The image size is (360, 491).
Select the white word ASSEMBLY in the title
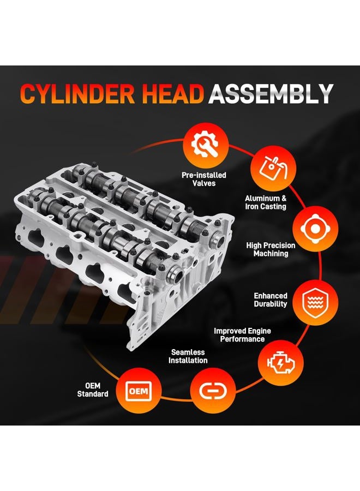pos(271,94)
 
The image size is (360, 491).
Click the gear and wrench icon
pos(206,145)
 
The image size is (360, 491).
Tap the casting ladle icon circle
pos(273,169)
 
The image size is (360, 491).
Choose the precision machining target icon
pos(315,229)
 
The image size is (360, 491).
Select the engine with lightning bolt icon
pos(281,363)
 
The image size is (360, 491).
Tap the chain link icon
pos(213,391)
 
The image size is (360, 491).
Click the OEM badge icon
pos(139,391)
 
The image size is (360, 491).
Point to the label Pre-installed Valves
pos(204,179)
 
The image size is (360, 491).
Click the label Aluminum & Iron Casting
pos(266,202)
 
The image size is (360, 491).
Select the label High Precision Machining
pos(271,249)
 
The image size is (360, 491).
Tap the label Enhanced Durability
pos(271,300)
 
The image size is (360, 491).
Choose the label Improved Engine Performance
pos(242,335)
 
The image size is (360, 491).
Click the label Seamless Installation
pos(188,356)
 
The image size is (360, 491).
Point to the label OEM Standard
pos(93,390)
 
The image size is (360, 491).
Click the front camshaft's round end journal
pos(175,274)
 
